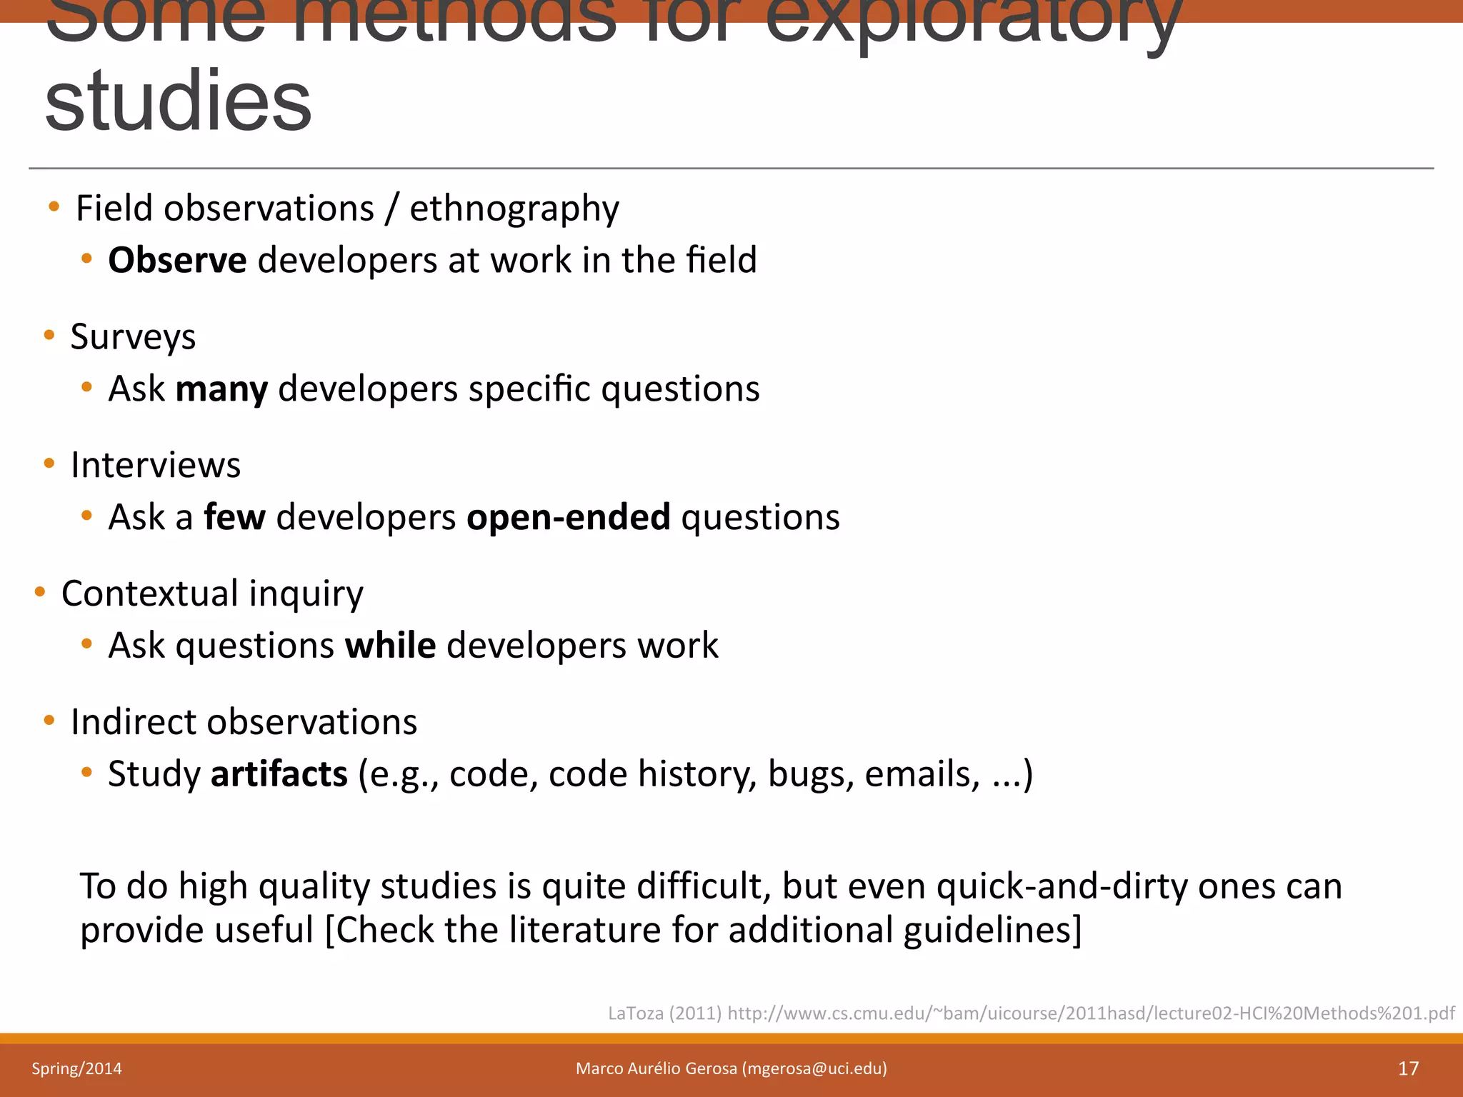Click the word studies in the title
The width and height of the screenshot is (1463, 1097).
[x=179, y=101]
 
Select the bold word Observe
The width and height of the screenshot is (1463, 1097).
[x=177, y=260]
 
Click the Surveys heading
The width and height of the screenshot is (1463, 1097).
[x=133, y=337]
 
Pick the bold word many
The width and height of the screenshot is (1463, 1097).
[x=221, y=390]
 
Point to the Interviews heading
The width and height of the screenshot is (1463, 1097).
[x=156, y=466]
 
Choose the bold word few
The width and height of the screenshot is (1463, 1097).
[x=234, y=517]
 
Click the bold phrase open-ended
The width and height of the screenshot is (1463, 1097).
[x=568, y=517]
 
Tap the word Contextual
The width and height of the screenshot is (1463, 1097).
[x=150, y=593]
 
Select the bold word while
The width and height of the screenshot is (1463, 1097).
[x=390, y=646]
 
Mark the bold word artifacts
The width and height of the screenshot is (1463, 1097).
[x=279, y=774]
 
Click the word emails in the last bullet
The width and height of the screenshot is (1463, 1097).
[x=922, y=774]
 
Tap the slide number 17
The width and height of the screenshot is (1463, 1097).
[x=1408, y=1068]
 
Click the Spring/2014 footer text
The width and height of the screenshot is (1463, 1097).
[x=76, y=1068]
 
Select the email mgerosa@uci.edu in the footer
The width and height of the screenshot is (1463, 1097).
[x=814, y=1068]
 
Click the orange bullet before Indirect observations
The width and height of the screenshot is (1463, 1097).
[x=49, y=720]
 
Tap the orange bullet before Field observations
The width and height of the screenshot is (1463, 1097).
[x=54, y=207]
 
